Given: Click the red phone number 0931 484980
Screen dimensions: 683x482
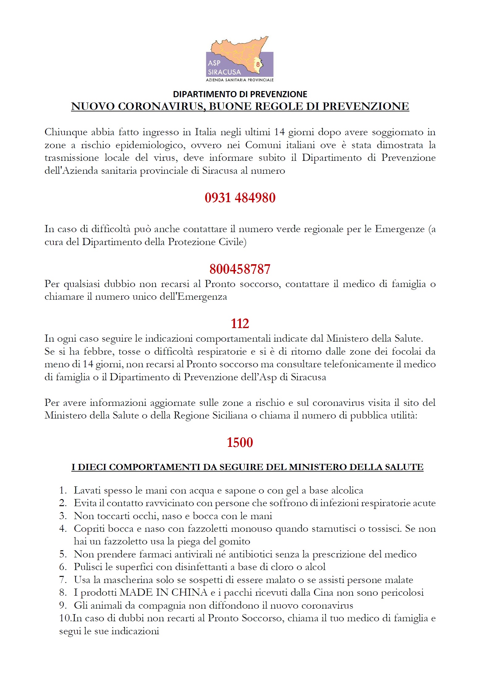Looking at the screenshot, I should click(240, 198).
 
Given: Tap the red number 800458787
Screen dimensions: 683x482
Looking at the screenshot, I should click(240, 269).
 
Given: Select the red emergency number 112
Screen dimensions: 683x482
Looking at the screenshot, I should click(240, 323).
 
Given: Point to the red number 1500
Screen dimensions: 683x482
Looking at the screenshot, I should click(240, 442).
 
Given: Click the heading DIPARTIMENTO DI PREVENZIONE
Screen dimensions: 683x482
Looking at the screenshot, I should click(240, 94).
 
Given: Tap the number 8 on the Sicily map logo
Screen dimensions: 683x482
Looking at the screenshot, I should click(258, 65).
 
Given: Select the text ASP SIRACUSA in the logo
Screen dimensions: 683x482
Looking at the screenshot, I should click(224, 68).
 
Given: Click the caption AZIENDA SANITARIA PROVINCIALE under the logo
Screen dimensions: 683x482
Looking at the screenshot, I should click(240, 80).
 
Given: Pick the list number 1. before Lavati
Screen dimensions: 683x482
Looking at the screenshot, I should click(63, 490).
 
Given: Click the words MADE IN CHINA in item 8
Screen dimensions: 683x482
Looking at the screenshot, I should click(163, 593).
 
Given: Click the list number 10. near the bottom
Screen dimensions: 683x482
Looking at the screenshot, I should click(65, 618).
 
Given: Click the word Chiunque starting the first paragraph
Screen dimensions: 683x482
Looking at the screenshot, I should click(66, 132).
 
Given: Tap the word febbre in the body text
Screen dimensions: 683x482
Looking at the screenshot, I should click(99, 352).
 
